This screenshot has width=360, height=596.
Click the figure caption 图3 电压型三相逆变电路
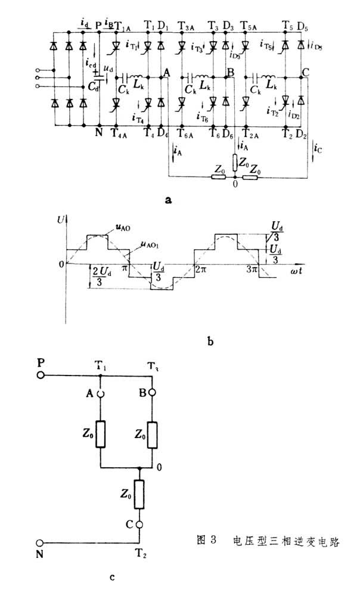pos(271,541)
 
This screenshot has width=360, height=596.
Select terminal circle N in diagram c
pos(41,543)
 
